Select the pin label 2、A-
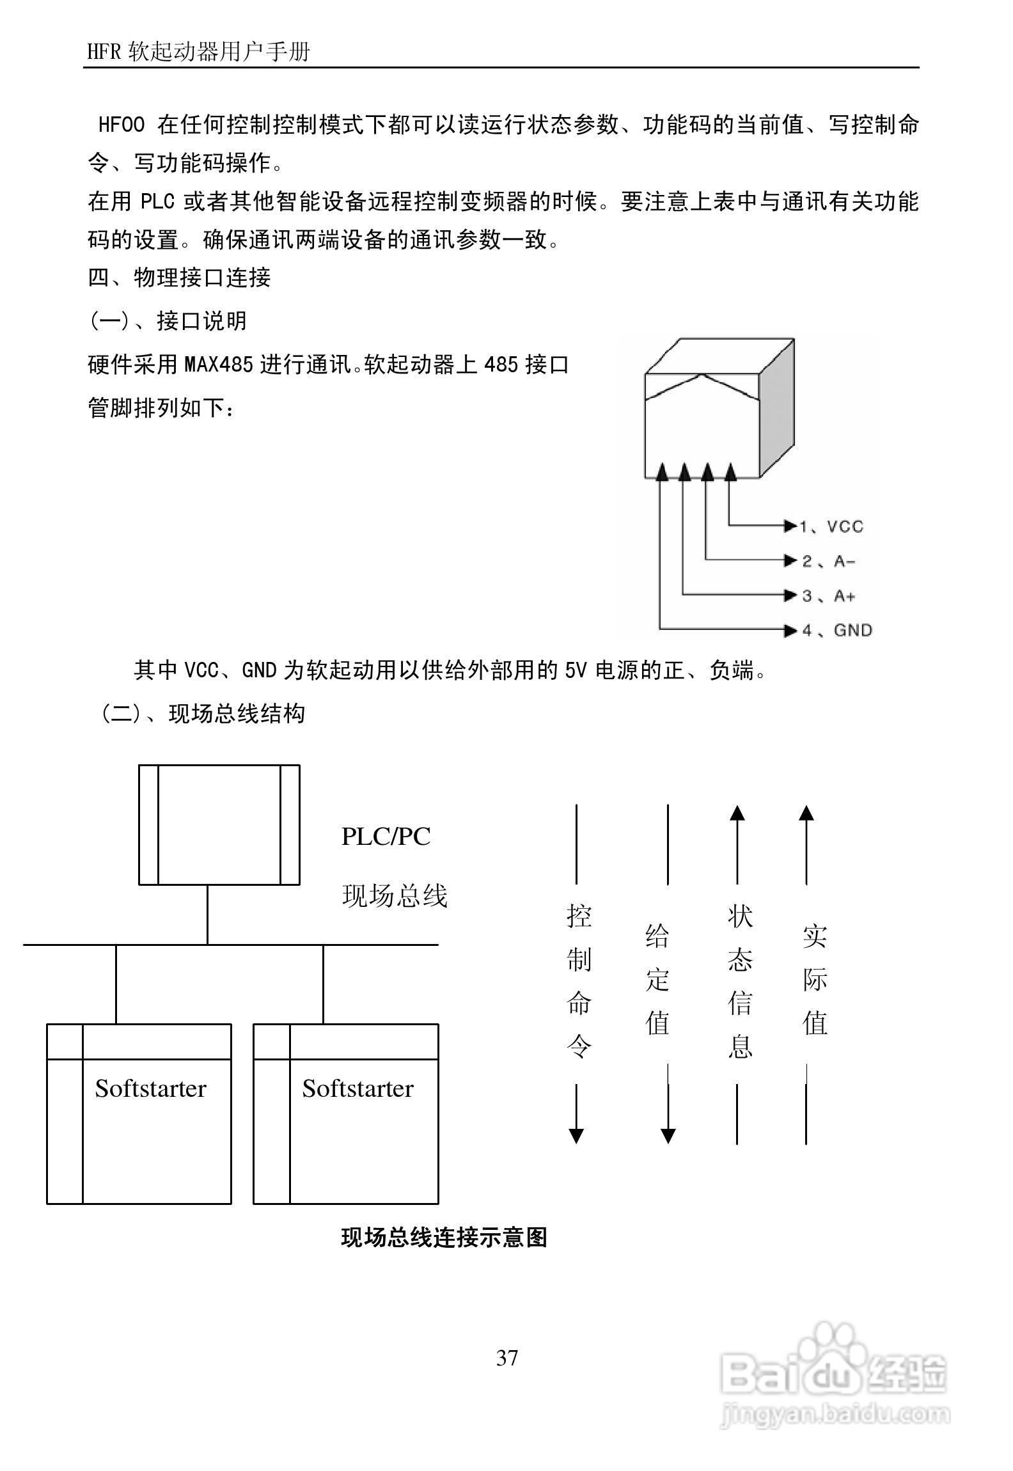829,561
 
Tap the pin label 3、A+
829,596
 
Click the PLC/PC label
386,837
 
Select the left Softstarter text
150,1089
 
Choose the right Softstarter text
357,1089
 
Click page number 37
507,1357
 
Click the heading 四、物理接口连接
179,278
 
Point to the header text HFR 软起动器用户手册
198,51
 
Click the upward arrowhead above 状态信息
737,813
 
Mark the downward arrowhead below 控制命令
576,1136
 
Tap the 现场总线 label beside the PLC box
395,895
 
